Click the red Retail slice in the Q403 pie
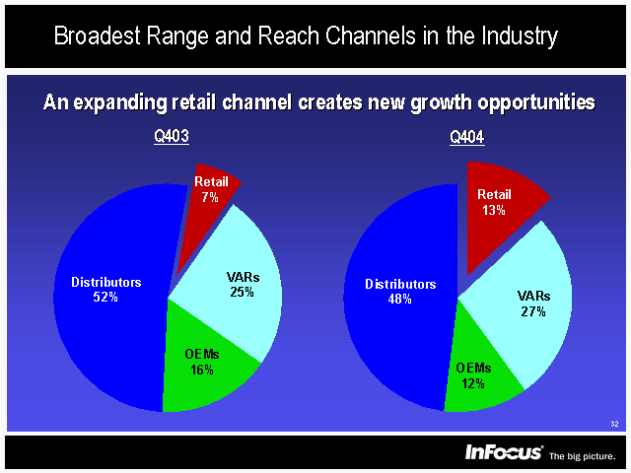point(209,187)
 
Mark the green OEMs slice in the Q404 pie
point(478,374)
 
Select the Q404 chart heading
point(466,139)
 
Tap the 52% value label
point(105,297)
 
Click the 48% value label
point(400,300)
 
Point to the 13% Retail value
point(494,210)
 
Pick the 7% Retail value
point(210,197)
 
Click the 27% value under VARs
point(533,311)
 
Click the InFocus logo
point(504,452)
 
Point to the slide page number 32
point(614,424)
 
